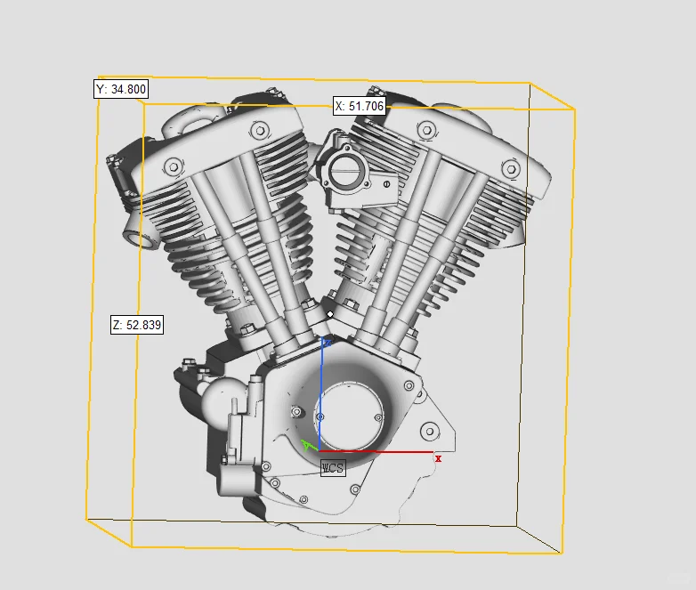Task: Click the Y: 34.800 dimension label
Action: click(x=121, y=89)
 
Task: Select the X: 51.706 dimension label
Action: click(x=360, y=106)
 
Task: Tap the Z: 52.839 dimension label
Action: click(x=137, y=325)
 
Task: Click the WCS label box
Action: click(x=333, y=468)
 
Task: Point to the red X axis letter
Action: click(x=438, y=458)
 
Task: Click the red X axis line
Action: click(x=376, y=451)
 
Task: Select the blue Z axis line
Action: click(x=321, y=394)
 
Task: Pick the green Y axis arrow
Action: click(x=309, y=445)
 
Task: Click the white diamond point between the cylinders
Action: click(x=330, y=314)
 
